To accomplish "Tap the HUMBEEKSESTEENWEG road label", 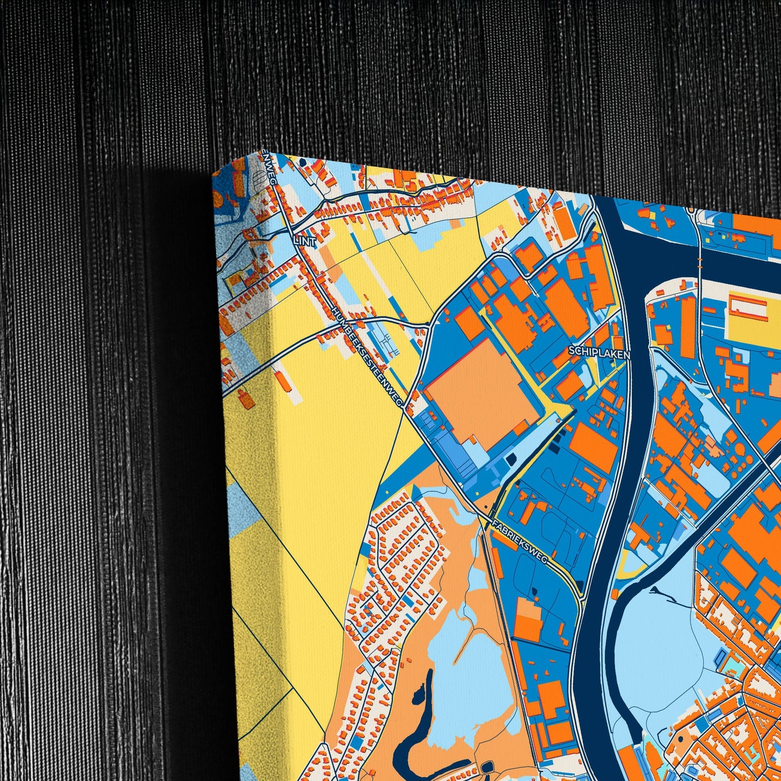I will (368, 357).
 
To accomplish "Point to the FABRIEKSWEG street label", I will (520, 543).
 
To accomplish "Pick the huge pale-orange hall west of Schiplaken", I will (480, 394).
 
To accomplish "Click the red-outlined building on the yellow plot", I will (748, 308).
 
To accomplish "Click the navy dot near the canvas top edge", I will (302, 161).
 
